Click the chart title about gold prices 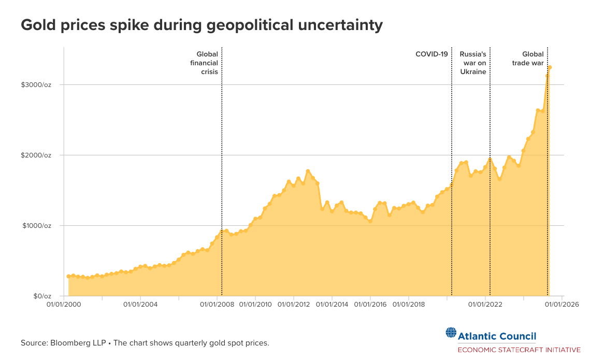pyautogui.click(x=202, y=25)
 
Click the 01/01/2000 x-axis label pyautogui.click(x=64, y=305)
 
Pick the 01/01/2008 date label pyautogui.click(x=217, y=305)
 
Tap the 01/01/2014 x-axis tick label pyautogui.click(x=332, y=305)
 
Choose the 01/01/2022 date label pyautogui.click(x=485, y=305)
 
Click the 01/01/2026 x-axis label pyautogui.click(x=562, y=305)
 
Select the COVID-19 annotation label pyautogui.click(x=432, y=54)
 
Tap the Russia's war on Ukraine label pyautogui.click(x=473, y=63)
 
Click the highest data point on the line pyautogui.click(x=550, y=67)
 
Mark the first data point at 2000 pyautogui.click(x=68, y=277)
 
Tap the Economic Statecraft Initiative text pyautogui.click(x=519, y=350)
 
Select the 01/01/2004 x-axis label pyautogui.click(x=140, y=305)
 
